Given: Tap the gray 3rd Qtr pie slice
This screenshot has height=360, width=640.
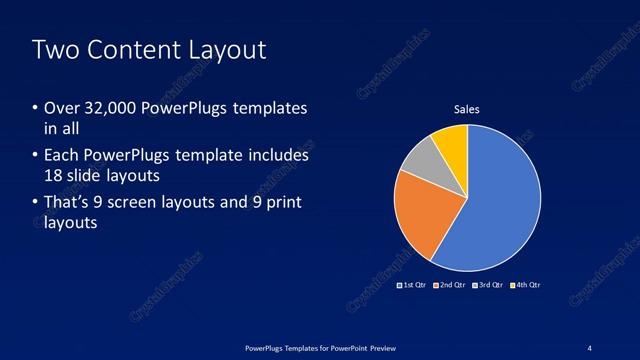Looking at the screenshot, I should click(x=422, y=160).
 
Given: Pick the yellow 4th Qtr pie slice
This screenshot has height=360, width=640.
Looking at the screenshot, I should click(x=452, y=142).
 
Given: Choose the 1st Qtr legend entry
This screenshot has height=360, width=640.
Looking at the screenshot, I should click(x=412, y=285).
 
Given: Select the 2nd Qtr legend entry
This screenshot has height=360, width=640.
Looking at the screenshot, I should click(x=450, y=285).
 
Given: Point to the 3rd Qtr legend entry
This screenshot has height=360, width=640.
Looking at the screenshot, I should click(x=488, y=285).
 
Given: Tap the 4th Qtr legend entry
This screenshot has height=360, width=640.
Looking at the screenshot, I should click(x=526, y=285).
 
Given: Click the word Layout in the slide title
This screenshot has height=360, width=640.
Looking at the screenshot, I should click(x=231, y=50).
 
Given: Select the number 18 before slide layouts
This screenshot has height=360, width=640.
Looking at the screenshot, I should click(x=53, y=176).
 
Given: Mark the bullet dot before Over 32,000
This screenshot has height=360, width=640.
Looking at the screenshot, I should click(x=35, y=108).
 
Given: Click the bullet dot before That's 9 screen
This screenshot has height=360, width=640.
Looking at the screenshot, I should click(x=35, y=202).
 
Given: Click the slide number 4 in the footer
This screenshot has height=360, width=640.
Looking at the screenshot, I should click(x=590, y=346).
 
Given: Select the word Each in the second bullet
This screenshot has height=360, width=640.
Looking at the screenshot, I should click(x=61, y=155).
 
